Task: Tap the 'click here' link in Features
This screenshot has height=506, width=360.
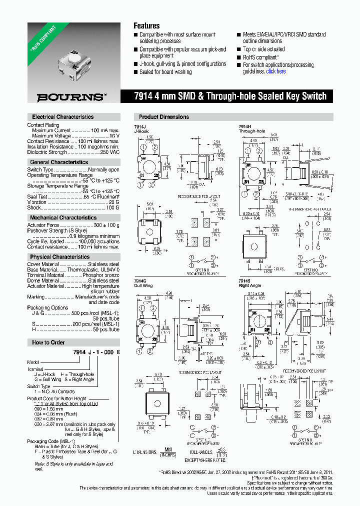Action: (276, 71)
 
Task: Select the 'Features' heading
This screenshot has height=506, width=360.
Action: (146, 26)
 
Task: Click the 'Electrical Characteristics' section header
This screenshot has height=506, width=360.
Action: (63, 117)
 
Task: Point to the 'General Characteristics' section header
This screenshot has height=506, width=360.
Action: (59, 162)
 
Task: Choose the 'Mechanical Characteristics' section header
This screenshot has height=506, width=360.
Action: (63, 218)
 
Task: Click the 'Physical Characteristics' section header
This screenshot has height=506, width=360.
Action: (60, 257)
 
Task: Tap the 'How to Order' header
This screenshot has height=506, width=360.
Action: (48, 342)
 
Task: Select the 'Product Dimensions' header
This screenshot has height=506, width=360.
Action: (164, 117)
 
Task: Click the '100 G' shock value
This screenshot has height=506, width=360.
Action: (112, 207)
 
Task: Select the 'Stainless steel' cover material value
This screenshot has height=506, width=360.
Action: (103, 264)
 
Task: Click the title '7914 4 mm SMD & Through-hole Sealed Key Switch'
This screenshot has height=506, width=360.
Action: (230, 96)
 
